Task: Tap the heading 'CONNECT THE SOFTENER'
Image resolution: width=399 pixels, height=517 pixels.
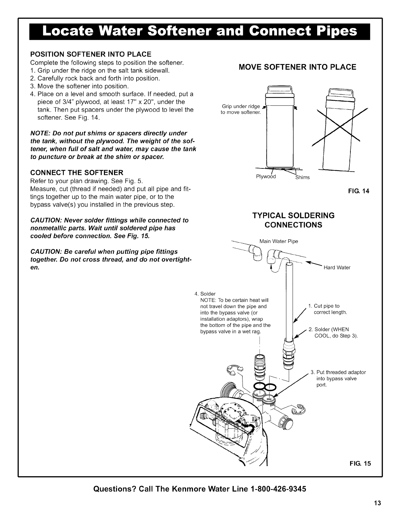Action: click(77, 172)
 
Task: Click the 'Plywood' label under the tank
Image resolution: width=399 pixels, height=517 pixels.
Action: click(266, 177)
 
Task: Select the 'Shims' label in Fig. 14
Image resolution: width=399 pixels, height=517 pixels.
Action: click(302, 178)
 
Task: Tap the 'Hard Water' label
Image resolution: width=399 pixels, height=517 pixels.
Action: click(337, 268)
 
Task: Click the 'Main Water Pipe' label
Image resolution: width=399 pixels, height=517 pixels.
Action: click(279, 242)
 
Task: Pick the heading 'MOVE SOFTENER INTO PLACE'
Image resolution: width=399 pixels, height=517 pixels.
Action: click(297, 67)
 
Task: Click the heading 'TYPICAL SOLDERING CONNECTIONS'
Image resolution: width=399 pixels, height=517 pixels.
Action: click(293, 220)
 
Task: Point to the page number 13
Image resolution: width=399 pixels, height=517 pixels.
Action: click(377, 503)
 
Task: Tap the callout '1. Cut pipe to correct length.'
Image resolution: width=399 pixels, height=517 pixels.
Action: click(328, 309)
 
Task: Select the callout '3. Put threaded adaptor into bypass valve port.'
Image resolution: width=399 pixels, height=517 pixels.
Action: click(339, 378)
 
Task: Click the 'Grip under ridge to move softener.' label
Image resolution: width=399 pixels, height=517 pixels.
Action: click(241, 109)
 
